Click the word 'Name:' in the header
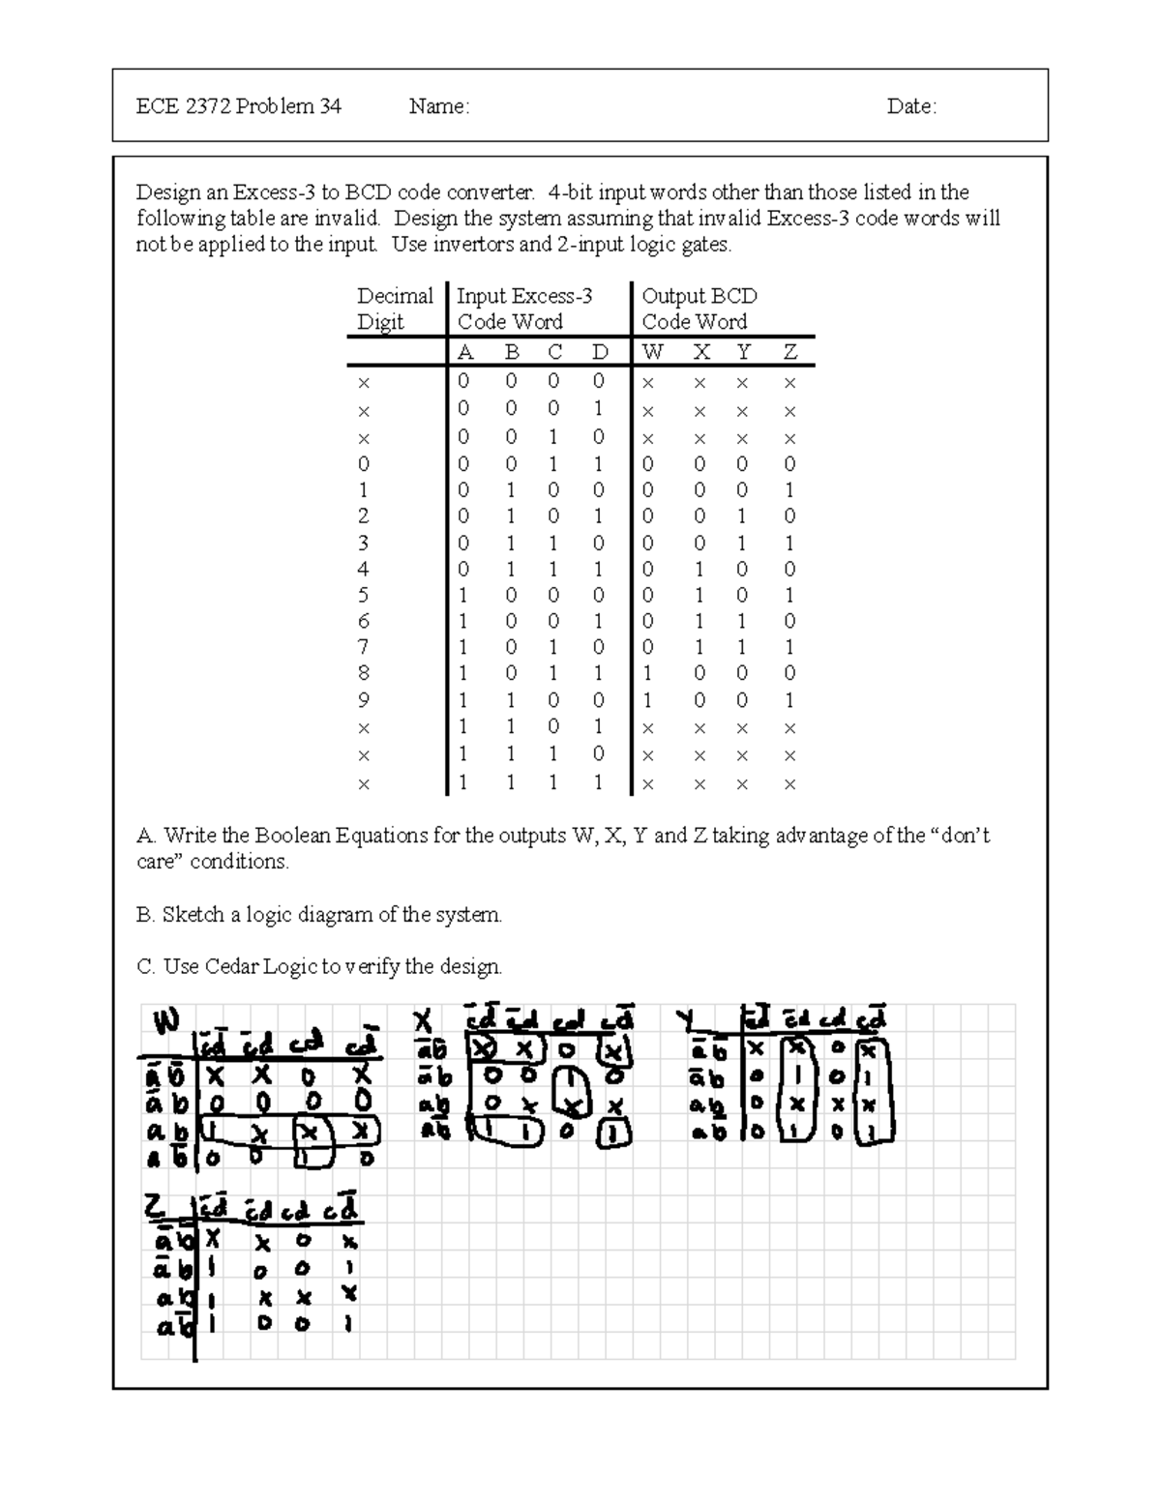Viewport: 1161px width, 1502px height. [438, 106]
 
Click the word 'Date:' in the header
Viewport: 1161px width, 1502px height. [911, 106]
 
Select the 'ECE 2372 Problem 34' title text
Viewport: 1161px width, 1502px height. [238, 106]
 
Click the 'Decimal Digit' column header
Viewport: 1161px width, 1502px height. [394, 309]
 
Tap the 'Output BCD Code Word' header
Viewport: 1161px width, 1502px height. [699, 309]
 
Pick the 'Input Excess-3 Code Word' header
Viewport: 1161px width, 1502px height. [523, 309]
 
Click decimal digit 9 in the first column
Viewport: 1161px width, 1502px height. [364, 700]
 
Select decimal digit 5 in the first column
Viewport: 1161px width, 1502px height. [364, 596]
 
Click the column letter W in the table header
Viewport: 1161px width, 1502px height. [653, 353]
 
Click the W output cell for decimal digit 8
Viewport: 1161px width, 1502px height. [648, 674]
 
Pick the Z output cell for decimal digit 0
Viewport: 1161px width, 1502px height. [789, 464]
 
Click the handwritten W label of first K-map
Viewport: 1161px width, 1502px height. [166, 1021]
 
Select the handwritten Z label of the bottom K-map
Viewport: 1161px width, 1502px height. [156, 1206]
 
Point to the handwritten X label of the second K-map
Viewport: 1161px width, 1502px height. [422, 1022]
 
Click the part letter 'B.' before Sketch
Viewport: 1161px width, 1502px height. [146, 915]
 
